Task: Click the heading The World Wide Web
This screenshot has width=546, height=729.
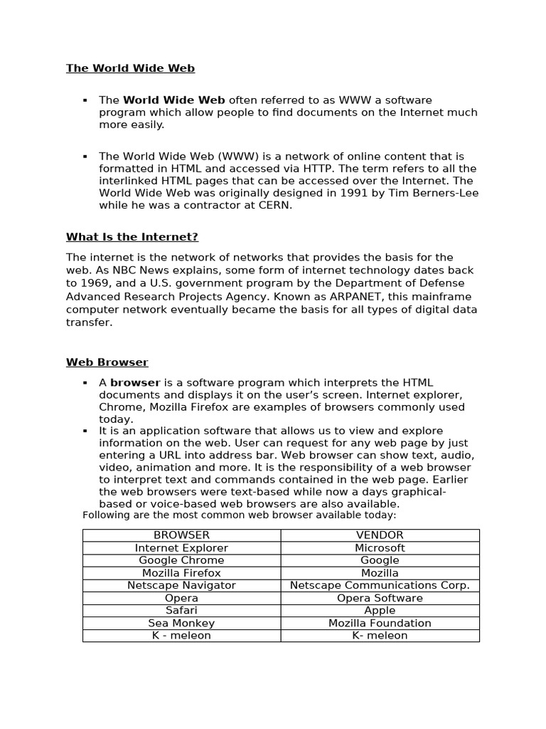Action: coord(130,68)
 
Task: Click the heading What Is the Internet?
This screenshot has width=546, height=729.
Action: coord(132,236)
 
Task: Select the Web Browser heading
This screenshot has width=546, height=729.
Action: coord(107,362)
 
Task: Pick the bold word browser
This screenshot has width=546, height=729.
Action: coord(135,383)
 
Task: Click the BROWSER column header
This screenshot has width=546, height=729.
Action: coord(181,535)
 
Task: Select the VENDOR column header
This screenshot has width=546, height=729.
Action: coord(380,535)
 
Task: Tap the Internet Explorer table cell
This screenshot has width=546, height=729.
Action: coord(181,547)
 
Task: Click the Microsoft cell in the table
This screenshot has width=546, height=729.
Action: coord(380,547)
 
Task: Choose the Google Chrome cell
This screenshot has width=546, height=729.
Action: coord(181,560)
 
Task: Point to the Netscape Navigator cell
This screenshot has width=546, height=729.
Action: coord(181,585)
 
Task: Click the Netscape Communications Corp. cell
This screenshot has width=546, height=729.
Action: coord(380,585)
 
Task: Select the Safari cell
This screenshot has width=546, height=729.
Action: coord(181,610)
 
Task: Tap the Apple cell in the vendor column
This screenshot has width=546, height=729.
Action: coord(380,610)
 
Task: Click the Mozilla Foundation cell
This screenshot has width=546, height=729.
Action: coord(380,623)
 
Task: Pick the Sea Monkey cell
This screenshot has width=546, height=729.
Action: coord(181,623)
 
